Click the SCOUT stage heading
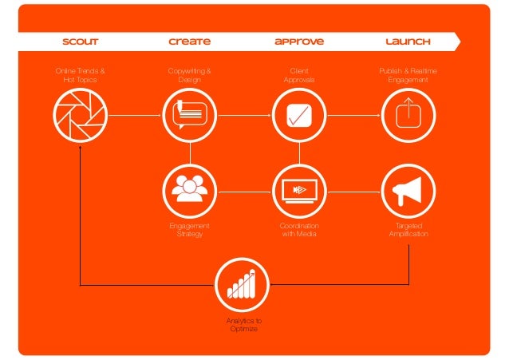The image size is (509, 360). coord(80,41)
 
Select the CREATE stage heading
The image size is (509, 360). coord(190,41)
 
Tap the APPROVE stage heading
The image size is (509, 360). coord(299,41)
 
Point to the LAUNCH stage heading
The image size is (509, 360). coord(408,41)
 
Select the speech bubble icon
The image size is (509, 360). coord(189,114)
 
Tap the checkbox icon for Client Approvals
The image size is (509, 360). coord(298,114)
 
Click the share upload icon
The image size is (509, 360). coord(408,114)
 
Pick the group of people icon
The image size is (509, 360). coord(189,189)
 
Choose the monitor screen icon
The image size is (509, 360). coord(298,189)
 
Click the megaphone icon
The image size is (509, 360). coord(408,189)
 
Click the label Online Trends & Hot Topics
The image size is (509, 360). coord(80,76)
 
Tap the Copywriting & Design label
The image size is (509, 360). coord(189,76)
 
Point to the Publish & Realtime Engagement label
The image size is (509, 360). coord(408,76)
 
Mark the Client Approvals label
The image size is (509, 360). coord(299,76)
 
